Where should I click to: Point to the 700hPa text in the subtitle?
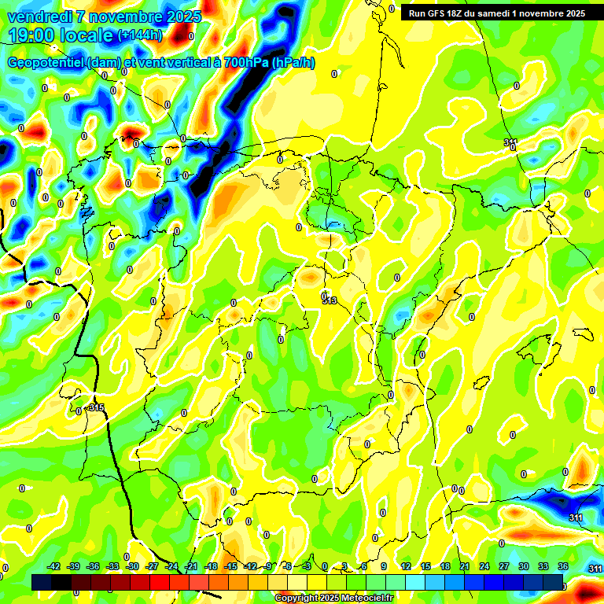point(245,63)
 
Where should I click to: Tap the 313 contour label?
point(329,300)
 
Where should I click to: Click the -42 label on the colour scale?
point(54,566)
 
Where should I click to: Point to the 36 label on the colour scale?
point(563,566)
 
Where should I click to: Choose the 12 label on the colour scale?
point(405,566)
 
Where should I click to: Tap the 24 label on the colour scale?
point(484,566)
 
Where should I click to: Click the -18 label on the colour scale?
point(211,566)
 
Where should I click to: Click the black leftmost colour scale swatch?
point(42,582)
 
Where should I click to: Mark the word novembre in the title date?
point(133,17)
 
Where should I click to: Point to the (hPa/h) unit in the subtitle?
point(293,63)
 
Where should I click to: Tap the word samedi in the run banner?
point(495,13)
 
